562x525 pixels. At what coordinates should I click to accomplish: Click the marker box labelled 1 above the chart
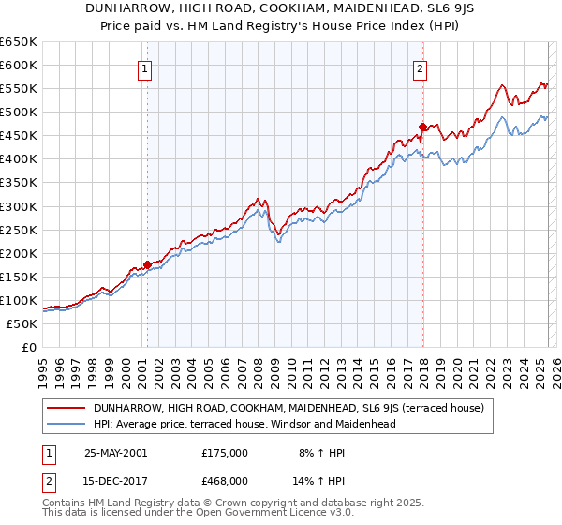click(x=147, y=67)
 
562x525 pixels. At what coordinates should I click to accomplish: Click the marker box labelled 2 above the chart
click(x=421, y=67)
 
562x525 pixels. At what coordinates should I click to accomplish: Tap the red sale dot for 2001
click(x=147, y=264)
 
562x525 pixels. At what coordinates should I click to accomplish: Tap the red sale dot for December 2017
click(x=422, y=127)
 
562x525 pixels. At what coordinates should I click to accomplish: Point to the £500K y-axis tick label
click(x=19, y=112)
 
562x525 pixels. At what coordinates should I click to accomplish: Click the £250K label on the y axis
click(x=19, y=230)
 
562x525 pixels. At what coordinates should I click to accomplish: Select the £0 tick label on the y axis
click(x=28, y=347)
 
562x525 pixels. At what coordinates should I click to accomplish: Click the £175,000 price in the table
click(x=224, y=453)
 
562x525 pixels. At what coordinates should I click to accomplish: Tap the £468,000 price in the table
click(x=224, y=481)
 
